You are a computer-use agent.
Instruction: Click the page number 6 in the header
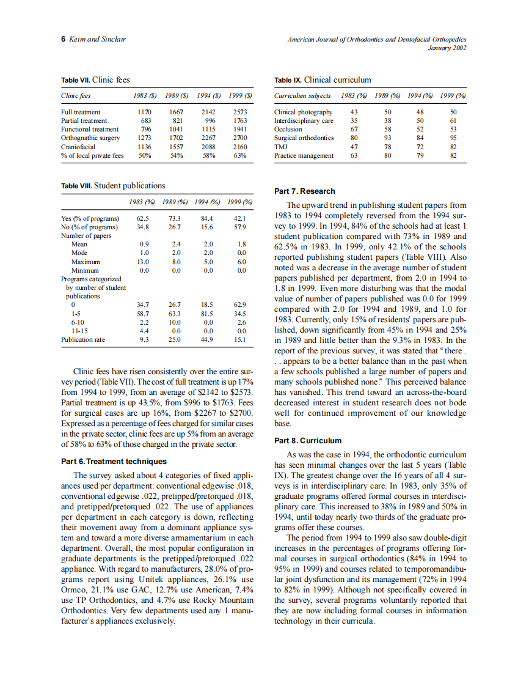pyautogui.click(x=64, y=39)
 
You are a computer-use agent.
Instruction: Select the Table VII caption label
pyautogui.click(x=75, y=80)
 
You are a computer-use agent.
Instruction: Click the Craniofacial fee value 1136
pyautogui.click(x=144, y=147)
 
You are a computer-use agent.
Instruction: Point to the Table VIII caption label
pyautogui.click(x=76, y=186)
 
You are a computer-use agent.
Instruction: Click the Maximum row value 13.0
pyautogui.click(x=144, y=262)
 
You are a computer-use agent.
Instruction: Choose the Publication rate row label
pyautogui.click(x=83, y=340)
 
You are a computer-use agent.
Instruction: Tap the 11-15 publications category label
pyautogui.click(x=80, y=331)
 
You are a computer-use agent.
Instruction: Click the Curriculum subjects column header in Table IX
pyautogui.click(x=302, y=96)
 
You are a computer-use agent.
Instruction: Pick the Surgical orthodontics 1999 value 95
pyautogui.click(x=453, y=138)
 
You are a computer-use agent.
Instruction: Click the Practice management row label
pyautogui.click(x=304, y=155)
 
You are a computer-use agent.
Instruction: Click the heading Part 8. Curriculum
pyautogui.click(x=308, y=441)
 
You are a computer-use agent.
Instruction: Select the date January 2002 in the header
pyautogui.click(x=447, y=48)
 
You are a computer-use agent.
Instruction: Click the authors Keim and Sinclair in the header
pyautogui.click(x=98, y=39)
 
